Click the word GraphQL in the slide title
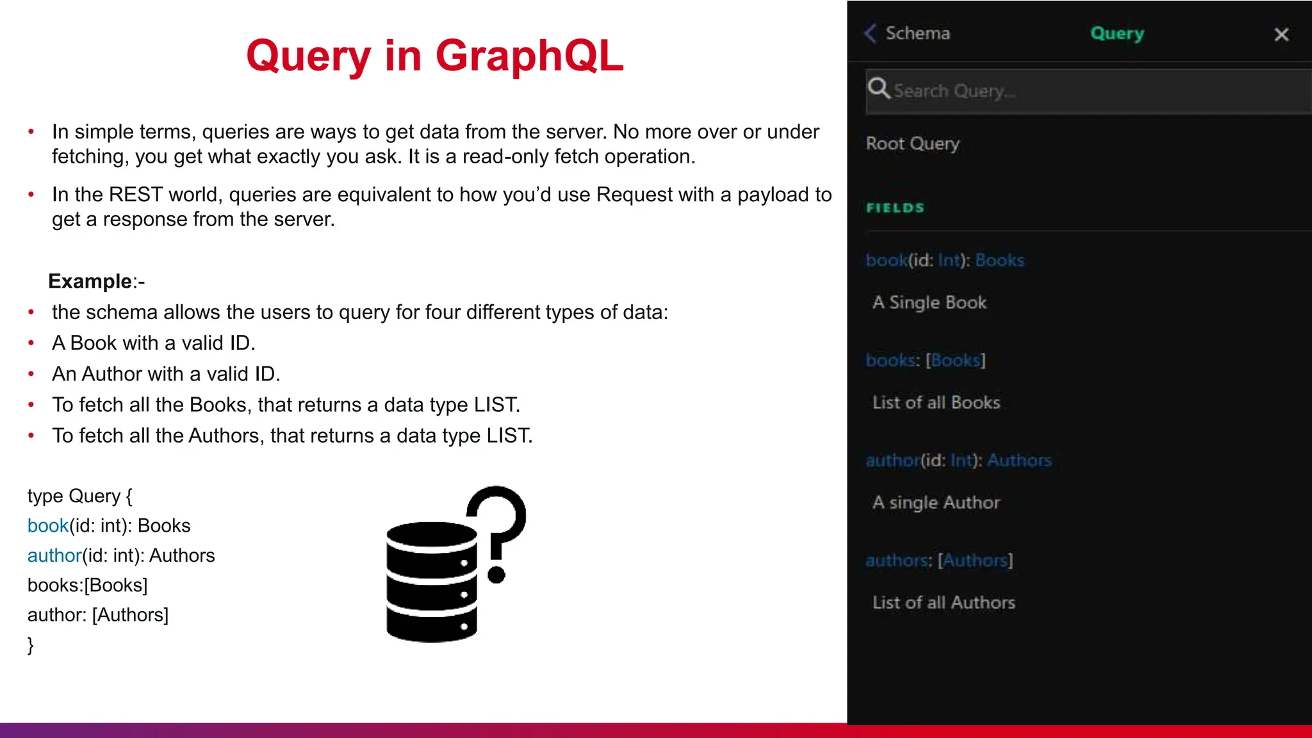tap(529, 56)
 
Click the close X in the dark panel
tap(1281, 35)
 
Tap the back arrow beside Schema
tap(870, 33)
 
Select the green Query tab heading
tap(1117, 33)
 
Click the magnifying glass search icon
tap(879, 88)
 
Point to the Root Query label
tap(912, 143)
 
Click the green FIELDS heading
tap(895, 208)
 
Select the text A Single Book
tap(929, 302)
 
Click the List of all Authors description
tap(944, 603)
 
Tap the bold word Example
tap(90, 281)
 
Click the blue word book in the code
tap(47, 526)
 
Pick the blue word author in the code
tap(54, 555)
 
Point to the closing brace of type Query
tap(30, 644)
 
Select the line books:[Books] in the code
tap(87, 585)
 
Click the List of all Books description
tap(936, 403)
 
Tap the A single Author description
tap(936, 503)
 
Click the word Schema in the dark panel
tap(917, 33)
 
